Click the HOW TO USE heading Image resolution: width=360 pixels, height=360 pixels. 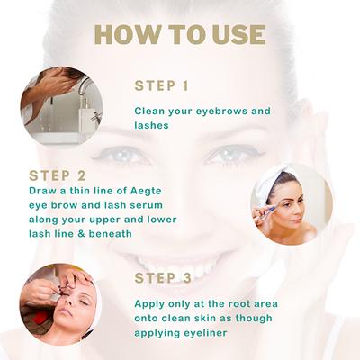pyautogui.click(x=180, y=34)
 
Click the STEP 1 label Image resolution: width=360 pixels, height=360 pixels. pyautogui.click(x=161, y=86)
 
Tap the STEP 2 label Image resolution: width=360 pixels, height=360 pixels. pyautogui.click(x=58, y=175)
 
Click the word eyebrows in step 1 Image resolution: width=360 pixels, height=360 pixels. pyautogui.click(x=221, y=112)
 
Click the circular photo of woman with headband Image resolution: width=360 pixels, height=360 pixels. pyautogui.click(x=291, y=204)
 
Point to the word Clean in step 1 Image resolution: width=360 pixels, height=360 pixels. pyautogui.click(x=150, y=112)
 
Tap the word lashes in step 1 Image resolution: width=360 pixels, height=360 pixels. pyautogui.click(x=156, y=126)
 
